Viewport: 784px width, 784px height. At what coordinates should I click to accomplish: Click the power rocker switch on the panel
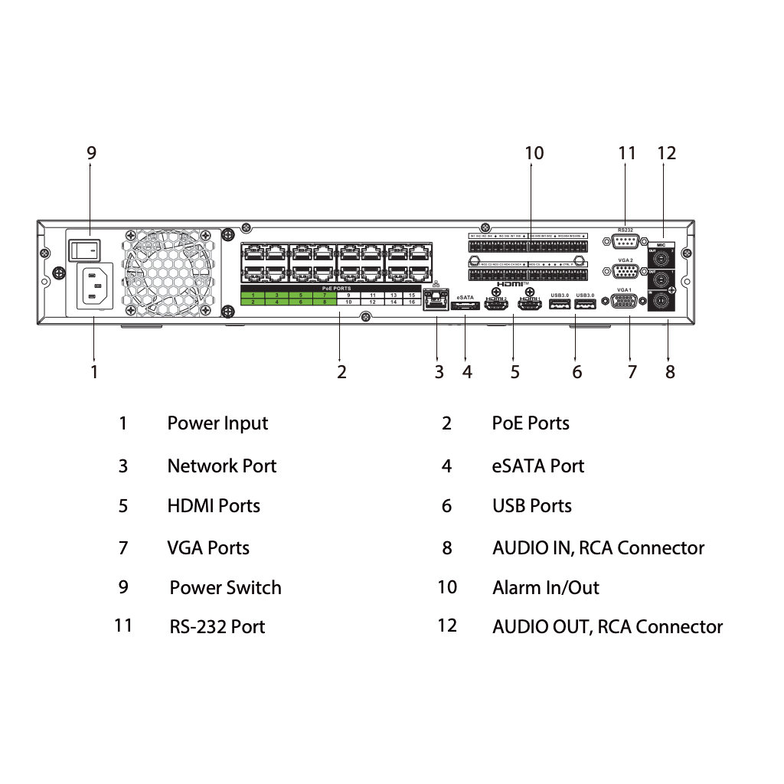tap(85, 248)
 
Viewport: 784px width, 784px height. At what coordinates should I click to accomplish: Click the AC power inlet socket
tap(93, 286)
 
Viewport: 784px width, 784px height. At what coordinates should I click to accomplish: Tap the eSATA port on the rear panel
tap(465, 306)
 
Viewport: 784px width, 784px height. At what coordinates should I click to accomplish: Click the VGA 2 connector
tap(626, 272)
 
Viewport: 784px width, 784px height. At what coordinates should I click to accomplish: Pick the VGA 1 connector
tap(625, 303)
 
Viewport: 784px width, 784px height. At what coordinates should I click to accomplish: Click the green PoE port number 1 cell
tap(253, 295)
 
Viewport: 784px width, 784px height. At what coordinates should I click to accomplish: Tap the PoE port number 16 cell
tap(412, 302)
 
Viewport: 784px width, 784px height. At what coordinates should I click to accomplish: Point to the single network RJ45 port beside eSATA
tap(436, 301)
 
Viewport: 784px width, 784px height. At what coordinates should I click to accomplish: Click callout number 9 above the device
tap(92, 153)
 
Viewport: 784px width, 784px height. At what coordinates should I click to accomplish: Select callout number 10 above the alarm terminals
tap(534, 153)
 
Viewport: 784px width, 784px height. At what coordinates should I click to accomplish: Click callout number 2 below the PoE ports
tap(341, 372)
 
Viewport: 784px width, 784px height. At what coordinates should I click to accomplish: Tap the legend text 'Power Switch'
tap(225, 588)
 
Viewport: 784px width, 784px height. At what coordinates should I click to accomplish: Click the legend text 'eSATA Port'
tap(537, 466)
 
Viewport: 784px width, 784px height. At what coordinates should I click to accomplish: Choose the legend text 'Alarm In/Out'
tap(545, 588)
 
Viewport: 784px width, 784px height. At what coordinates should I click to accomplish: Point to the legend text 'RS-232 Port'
tap(217, 627)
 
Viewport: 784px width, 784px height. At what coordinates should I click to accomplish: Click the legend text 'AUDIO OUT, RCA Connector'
tap(607, 627)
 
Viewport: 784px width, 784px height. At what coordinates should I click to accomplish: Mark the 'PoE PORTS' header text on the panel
tap(337, 288)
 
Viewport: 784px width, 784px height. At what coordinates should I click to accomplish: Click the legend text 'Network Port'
tap(221, 466)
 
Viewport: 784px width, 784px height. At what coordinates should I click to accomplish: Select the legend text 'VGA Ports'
tap(208, 548)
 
